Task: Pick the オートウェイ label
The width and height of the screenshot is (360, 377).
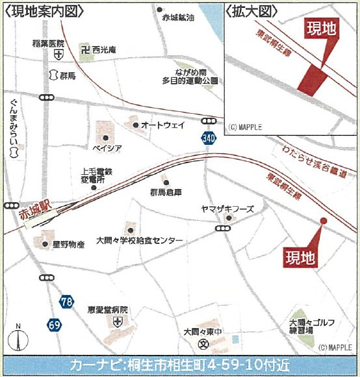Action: [x=163, y=125]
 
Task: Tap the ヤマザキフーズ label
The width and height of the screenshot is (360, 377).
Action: [x=227, y=209]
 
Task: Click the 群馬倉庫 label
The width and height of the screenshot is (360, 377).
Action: [x=166, y=192]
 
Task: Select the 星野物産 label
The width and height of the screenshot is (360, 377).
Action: [x=68, y=245]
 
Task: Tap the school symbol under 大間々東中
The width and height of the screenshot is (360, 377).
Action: [x=203, y=344]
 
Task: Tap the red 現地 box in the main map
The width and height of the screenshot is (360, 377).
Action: [x=302, y=258]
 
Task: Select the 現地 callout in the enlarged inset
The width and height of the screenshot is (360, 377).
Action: [x=323, y=27]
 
